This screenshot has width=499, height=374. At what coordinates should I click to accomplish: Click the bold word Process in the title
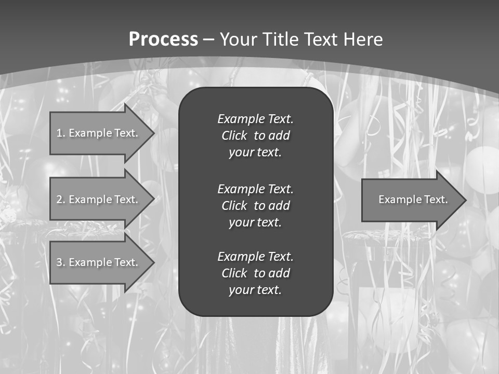tap(163, 39)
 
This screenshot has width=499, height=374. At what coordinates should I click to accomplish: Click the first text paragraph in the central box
tap(255, 136)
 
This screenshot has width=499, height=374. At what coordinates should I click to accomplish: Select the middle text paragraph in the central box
tap(255, 206)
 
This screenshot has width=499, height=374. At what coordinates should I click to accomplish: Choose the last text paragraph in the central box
tap(255, 273)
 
